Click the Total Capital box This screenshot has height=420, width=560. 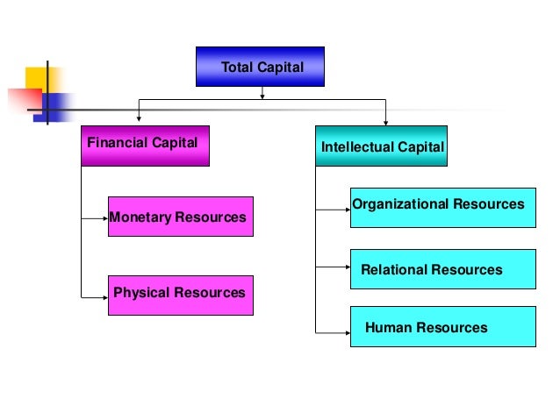pyautogui.click(x=261, y=67)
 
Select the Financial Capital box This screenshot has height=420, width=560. pyautogui.click(x=145, y=146)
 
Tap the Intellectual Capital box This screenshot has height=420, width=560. pyautogui.click(x=382, y=146)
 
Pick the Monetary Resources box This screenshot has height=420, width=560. pyautogui.click(x=180, y=217)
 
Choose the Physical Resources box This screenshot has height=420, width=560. pyautogui.click(x=180, y=295)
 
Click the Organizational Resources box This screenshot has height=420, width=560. pyautogui.click(x=442, y=208)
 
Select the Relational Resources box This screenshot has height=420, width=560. pyautogui.click(x=442, y=269)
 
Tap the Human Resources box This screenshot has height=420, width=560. pyautogui.click(x=442, y=328)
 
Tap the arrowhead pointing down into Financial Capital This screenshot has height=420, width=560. pyautogui.click(x=138, y=120)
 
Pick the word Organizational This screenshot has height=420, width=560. pyautogui.click(x=401, y=204)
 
